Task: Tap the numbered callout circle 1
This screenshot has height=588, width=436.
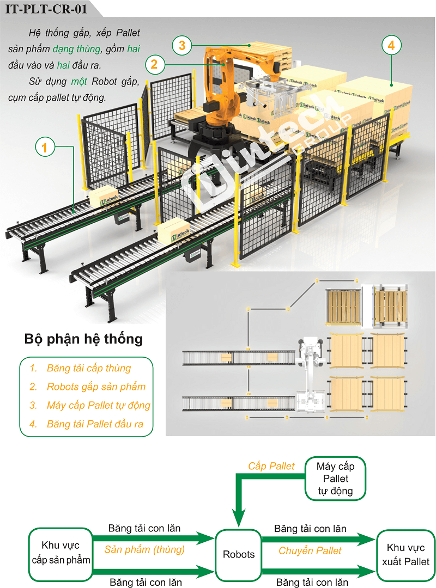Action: (x=46, y=146)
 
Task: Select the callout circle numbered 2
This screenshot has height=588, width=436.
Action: (x=155, y=65)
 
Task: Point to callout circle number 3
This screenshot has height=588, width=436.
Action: (x=182, y=46)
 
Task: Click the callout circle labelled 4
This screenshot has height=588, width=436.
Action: (x=391, y=46)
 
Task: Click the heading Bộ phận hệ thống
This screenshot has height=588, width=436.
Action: (x=83, y=339)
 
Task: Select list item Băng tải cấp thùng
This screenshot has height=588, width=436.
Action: (x=88, y=368)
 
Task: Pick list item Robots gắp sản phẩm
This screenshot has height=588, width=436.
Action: (x=96, y=387)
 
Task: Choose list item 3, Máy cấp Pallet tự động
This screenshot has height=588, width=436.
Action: (x=98, y=405)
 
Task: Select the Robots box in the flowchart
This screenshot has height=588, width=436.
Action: (x=239, y=554)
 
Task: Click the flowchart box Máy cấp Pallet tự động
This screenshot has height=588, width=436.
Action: (x=335, y=479)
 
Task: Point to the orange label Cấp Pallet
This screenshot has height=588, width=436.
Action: (x=271, y=466)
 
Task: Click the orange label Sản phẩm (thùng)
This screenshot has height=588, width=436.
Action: (x=144, y=550)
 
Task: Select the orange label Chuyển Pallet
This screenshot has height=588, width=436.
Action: (x=310, y=551)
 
